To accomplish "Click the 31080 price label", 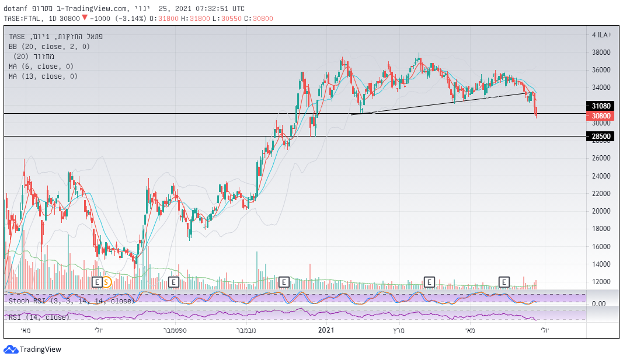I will point(601,106).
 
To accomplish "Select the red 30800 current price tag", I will point(601,116).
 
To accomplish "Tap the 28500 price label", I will point(601,137).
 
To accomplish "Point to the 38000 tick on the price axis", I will point(601,53).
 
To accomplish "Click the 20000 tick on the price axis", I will point(601,211).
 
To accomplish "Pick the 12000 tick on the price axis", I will point(601,282).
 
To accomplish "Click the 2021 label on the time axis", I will point(326,331).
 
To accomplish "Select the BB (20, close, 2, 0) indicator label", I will point(49,46).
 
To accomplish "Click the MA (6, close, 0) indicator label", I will point(43,67).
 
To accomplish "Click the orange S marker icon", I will point(107,282).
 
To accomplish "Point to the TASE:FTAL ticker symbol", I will point(23,18).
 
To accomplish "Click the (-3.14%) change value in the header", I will point(131,18).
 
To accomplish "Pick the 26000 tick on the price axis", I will point(601,158).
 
